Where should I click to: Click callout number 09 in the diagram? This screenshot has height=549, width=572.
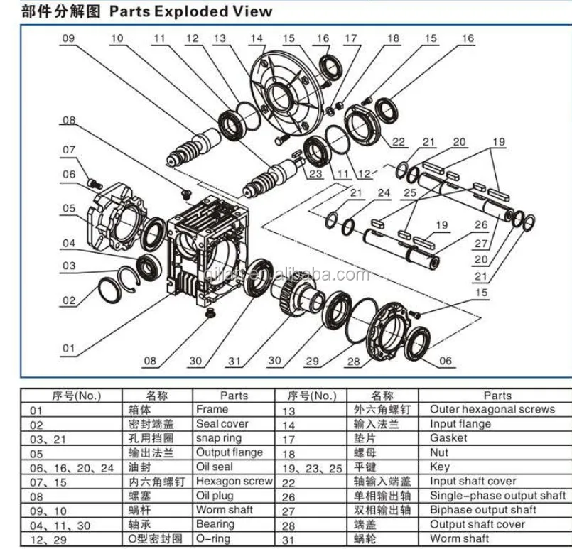pos(68,40)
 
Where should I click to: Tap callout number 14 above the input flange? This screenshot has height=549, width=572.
pos(257,38)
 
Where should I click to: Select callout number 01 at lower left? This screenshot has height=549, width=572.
pos(68,348)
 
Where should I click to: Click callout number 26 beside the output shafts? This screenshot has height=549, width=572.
pos(481,225)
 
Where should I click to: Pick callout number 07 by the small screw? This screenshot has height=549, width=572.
pos(68,151)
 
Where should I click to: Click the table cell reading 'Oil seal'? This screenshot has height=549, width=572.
pos(214,467)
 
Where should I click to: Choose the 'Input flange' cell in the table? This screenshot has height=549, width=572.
pos(460,424)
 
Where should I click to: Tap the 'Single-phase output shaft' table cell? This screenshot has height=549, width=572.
pos(497,496)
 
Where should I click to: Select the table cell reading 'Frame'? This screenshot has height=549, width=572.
pos(212,410)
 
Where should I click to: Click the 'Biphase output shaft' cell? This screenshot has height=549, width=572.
pos(482,510)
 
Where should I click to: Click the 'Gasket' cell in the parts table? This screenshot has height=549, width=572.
pos(448,438)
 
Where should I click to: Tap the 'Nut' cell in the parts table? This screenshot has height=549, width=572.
pos(439,452)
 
